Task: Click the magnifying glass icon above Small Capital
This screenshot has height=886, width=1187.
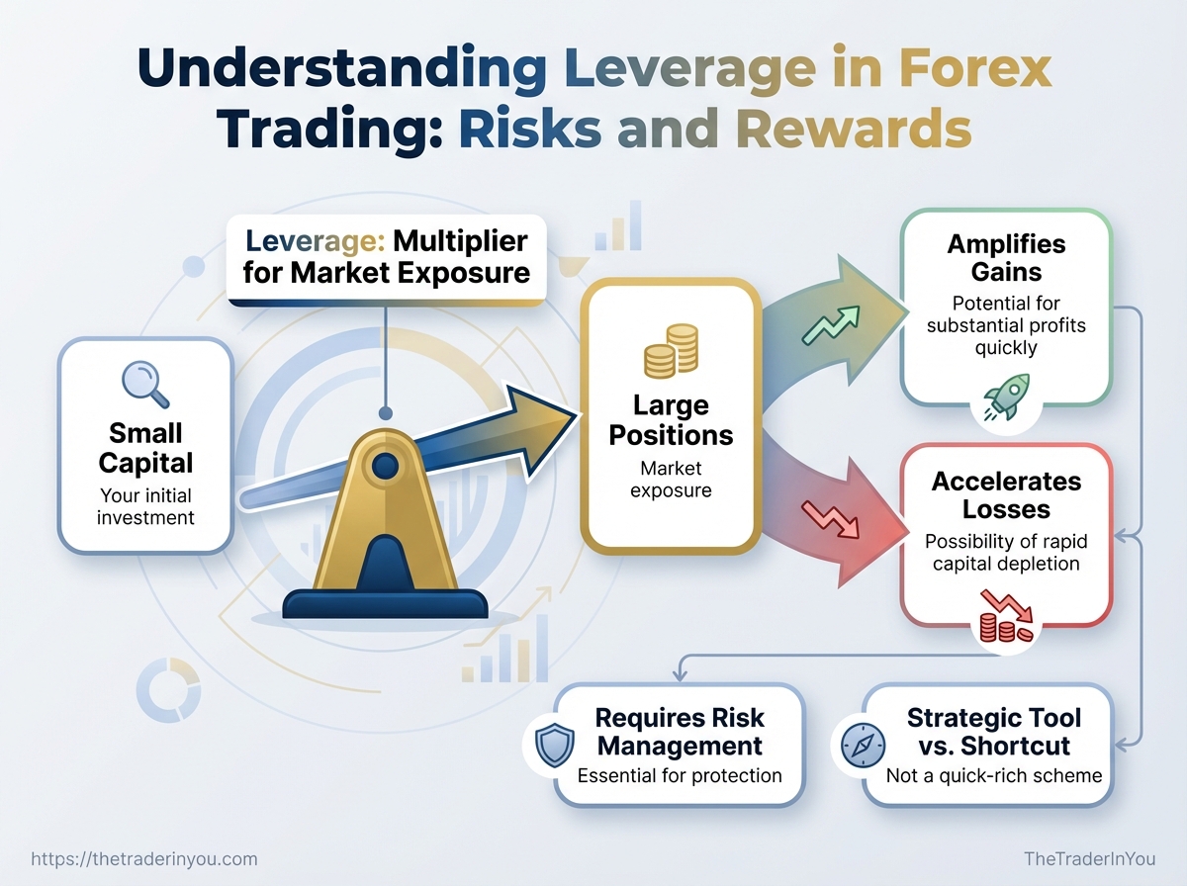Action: tap(145, 384)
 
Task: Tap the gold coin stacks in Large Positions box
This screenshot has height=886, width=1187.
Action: tap(671, 351)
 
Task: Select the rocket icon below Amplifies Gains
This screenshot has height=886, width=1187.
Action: tap(1006, 398)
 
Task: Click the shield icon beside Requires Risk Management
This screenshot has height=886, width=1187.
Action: tap(554, 746)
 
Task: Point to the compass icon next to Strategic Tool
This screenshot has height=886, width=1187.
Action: tap(864, 746)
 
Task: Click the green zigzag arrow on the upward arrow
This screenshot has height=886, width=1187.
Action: tap(831, 325)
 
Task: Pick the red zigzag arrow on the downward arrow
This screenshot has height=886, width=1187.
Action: tap(830, 519)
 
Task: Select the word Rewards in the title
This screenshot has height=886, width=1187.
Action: tap(855, 130)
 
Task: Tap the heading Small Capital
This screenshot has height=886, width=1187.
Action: tap(145, 448)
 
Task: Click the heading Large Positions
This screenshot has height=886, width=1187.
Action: tap(671, 420)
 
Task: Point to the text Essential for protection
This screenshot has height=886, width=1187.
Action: tap(680, 775)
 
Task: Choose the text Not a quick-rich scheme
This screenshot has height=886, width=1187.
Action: tap(994, 775)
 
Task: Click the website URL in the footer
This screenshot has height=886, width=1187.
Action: tap(143, 859)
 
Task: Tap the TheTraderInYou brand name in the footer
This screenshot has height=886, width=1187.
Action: tap(1090, 858)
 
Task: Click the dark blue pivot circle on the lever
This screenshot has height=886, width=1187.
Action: tap(385, 466)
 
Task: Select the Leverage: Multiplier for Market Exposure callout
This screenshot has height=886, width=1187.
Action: tap(386, 257)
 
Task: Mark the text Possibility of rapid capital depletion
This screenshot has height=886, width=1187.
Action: tap(1006, 552)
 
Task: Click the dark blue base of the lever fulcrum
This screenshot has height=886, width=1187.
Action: tap(385, 604)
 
